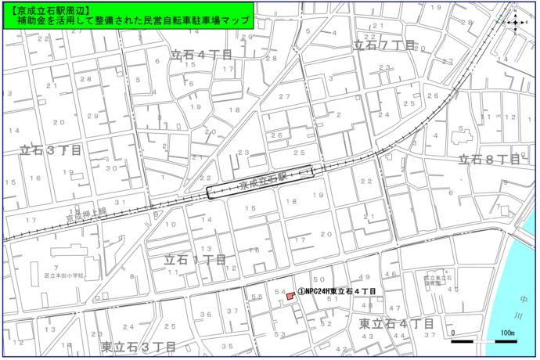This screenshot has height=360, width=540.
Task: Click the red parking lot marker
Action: click(x=290, y=296)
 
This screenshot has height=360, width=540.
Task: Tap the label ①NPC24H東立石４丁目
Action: click(x=336, y=292)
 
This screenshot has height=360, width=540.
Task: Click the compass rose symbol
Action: click(x=514, y=22)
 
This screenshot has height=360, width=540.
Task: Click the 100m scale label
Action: click(x=506, y=333)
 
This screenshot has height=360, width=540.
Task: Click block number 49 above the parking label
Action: click(x=364, y=277)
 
